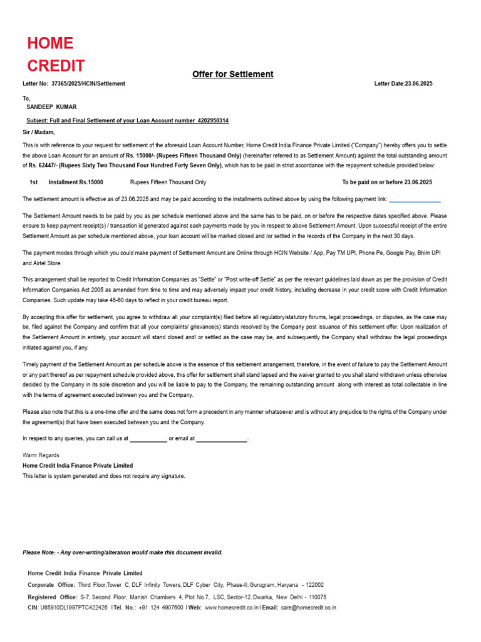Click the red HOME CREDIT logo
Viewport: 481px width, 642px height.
[55, 55]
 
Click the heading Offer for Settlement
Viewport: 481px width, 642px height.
[232, 74]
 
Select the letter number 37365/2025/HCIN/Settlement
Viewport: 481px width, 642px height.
[88, 83]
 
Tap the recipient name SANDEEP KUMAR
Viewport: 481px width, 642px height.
[51, 107]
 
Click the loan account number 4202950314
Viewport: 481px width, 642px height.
[213, 120]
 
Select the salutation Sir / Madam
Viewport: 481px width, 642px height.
[39, 132]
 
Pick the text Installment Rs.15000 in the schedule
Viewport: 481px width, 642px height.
[76, 182]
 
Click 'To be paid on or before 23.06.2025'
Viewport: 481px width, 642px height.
[387, 182]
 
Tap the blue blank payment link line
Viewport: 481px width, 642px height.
[415, 200]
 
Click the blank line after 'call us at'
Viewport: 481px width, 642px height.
[148, 439]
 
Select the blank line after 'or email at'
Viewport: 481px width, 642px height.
[222, 439]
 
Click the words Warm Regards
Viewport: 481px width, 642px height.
[41, 455]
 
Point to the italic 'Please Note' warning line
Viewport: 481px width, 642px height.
[122, 552]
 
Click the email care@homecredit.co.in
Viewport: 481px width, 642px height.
[308, 608]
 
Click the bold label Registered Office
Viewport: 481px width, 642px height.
[53, 597]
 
